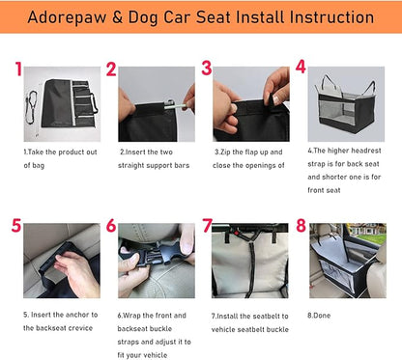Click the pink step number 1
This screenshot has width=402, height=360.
click(x=18, y=69)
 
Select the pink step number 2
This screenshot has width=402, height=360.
click(x=111, y=69)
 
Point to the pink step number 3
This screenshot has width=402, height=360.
click(x=206, y=69)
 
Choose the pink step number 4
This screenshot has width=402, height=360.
click(x=301, y=68)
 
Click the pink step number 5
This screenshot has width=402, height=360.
click(x=16, y=226)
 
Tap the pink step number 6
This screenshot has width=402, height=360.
click(x=111, y=227)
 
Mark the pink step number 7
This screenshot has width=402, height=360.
click(x=206, y=227)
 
